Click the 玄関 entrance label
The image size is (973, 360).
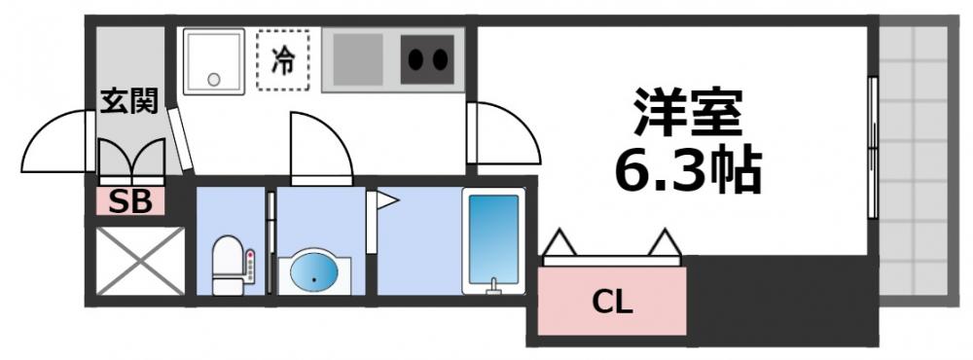click(129, 100)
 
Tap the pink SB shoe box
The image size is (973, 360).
click(129, 201)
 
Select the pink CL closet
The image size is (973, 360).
click(613, 302)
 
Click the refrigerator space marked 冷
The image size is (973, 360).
click(283, 60)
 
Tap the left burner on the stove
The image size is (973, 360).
click(415, 60)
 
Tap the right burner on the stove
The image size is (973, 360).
click(441, 60)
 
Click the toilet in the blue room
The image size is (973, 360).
click(227, 264)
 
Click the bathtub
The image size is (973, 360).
click(492, 239)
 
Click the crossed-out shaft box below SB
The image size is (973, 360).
click(140, 261)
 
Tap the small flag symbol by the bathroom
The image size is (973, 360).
click(386, 201)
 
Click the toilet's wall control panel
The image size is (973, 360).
click(250, 268)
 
